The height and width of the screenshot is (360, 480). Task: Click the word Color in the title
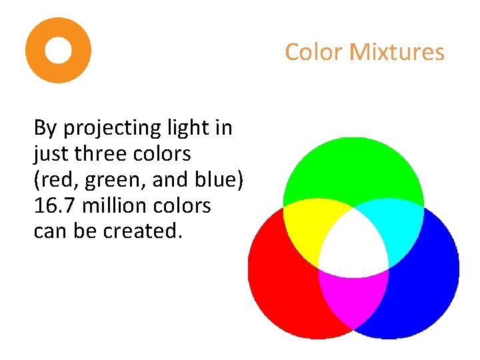pyautogui.click(x=313, y=52)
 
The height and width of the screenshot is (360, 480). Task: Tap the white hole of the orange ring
pyautogui.click(x=58, y=50)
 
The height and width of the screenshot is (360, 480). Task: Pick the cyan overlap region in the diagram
pyautogui.click(x=397, y=227)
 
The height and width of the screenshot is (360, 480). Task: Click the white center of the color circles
pyautogui.click(x=353, y=247)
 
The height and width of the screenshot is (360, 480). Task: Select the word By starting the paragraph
pyautogui.click(x=45, y=128)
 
